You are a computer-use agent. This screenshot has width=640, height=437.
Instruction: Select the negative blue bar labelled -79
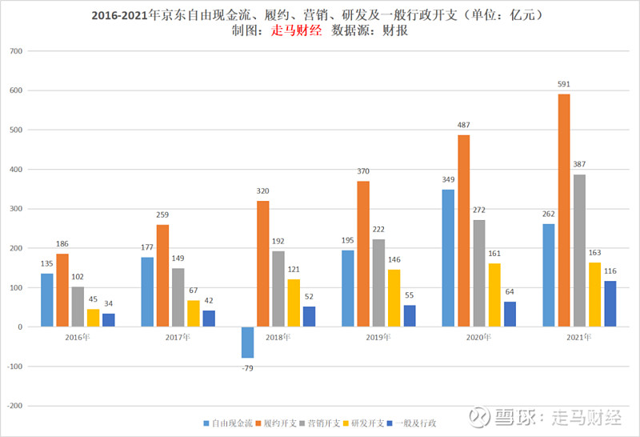pyautogui.click(x=248, y=343)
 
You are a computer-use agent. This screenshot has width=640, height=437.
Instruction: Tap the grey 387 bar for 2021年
pyautogui.click(x=579, y=251)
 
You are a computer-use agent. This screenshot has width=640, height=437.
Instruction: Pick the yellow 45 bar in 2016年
pyautogui.click(x=93, y=318)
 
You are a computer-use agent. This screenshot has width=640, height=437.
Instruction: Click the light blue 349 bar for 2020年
pyautogui.click(x=448, y=258)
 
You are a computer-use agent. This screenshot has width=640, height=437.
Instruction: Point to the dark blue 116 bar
pyautogui.click(x=610, y=304)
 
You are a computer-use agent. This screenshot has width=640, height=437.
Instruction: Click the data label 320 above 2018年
pyautogui.click(x=263, y=192)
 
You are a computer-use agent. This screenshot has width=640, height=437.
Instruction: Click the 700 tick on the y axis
pyautogui.click(x=14, y=51)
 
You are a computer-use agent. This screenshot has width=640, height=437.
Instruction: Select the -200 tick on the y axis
pyautogui.click(x=13, y=406)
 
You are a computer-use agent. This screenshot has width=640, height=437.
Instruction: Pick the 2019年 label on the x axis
pyautogui.click(x=378, y=338)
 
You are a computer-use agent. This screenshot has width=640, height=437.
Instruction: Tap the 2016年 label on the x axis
pyautogui.click(x=78, y=338)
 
